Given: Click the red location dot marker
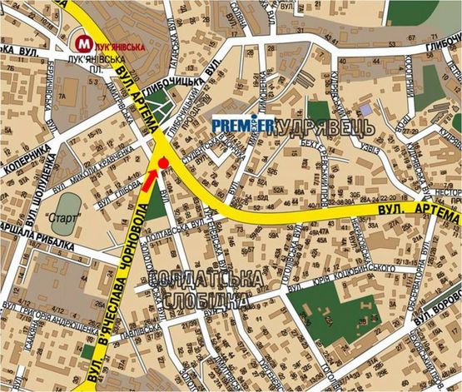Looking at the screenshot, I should pos(163,161).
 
